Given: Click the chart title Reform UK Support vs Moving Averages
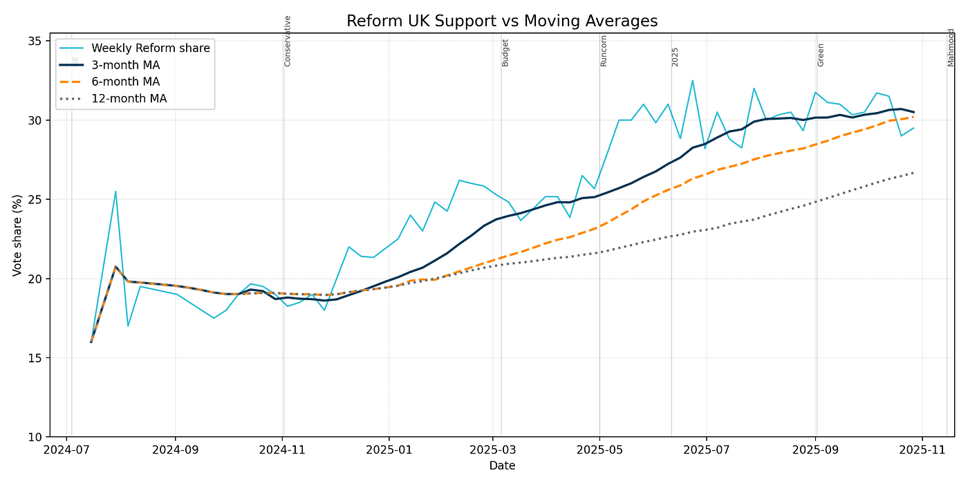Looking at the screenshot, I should (x=501, y=21).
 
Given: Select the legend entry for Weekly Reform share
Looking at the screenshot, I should (x=151, y=48).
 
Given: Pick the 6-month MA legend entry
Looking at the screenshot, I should (x=126, y=82).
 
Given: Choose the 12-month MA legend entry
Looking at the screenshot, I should (x=129, y=99).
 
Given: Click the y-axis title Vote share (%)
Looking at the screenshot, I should (x=17, y=235).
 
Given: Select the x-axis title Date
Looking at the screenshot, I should (x=501, y=467).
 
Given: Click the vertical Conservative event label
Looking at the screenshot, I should (x=288, y=41).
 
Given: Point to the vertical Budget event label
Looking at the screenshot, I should (x=505, y=53).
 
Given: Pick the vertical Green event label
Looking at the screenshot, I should (x=821, y=55).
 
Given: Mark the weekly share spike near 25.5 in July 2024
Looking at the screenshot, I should (x=115, y=192).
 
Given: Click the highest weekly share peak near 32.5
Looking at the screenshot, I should (x=692, y=80).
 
